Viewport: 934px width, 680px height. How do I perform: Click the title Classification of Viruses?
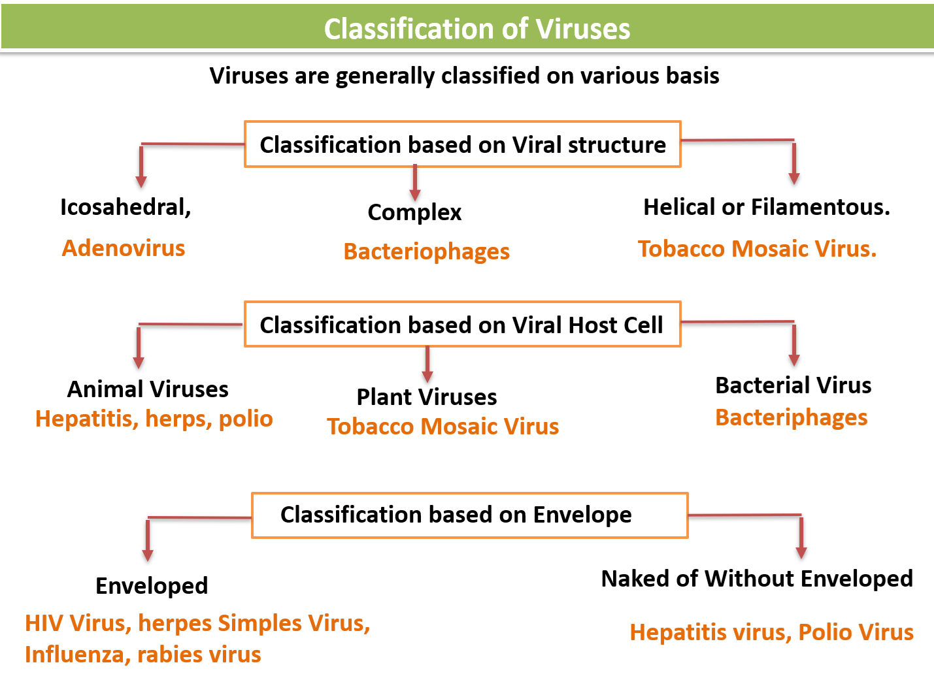[x=476, y=29]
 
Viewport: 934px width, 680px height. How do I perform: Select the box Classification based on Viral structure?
[x=462, y=144]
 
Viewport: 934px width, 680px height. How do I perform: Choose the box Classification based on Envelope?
[x=469, y=515]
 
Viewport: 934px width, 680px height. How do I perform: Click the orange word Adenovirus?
[x=124, y=248]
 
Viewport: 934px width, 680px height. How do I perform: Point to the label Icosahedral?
[x=125, y=207]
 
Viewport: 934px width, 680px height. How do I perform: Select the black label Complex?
[x=414, y=212]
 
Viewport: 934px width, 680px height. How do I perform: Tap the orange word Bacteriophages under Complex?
[x=426, y=251]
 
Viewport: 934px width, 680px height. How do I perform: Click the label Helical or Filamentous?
[x=766, y=207]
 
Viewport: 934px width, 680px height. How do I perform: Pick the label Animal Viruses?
[x=148, y=389]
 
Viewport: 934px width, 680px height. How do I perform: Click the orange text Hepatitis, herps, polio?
[x=154, y=419]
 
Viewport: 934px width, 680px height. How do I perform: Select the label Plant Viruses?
[x=426, y=397]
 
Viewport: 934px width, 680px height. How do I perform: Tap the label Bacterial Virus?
[x=793, y=385]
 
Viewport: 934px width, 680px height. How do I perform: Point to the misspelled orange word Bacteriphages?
[x=791, y=417]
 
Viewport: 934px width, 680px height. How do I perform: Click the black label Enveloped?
[x=152, y=586]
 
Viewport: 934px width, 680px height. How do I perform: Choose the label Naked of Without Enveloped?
[x=756, y=579]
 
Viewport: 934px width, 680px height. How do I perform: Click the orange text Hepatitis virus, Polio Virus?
[x=771, y=632]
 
